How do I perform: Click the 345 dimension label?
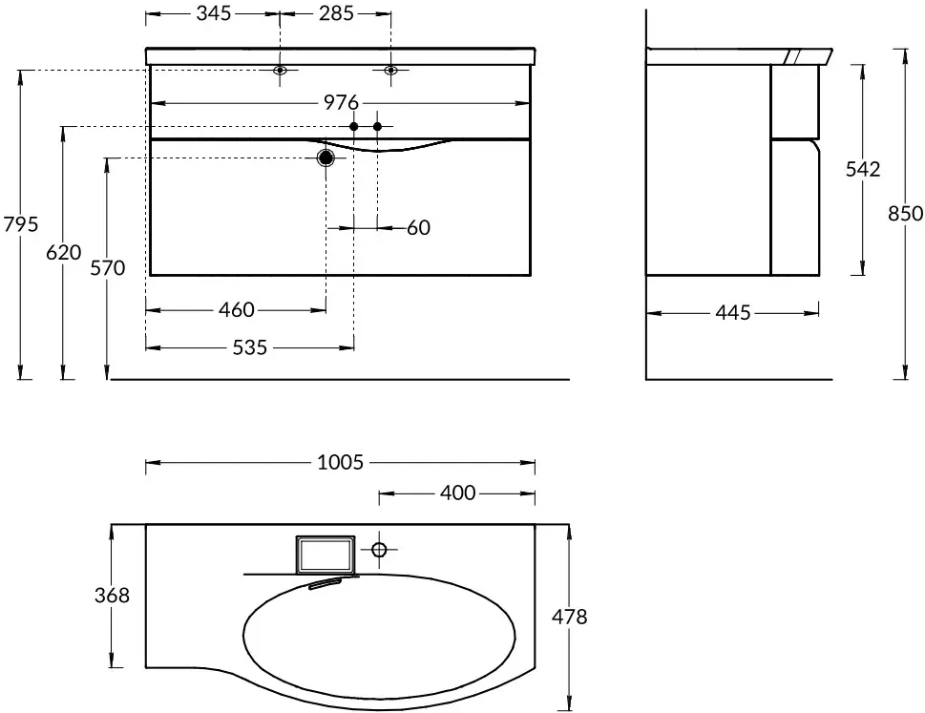point(214,13)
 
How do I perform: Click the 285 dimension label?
point(336,13)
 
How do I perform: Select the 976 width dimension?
point(341,103)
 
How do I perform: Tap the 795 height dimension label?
point(21,224)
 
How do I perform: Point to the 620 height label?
point(64,252)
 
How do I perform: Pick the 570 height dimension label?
point(107,268)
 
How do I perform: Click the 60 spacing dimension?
point(419,227)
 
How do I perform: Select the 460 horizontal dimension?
point(237,309)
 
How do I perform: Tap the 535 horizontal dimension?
point(250,347)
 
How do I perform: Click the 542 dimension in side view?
point(863,169)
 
